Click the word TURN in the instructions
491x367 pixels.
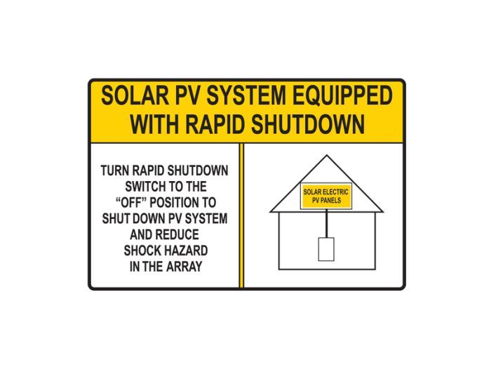click(x=115, y=171)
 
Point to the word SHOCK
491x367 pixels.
click(x=142, y=250)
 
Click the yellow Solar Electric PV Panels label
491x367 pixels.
click(x=326, y=196)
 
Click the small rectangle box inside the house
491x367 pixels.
click(x=326, y=249)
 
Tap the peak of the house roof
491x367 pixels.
click(x=326, y=156)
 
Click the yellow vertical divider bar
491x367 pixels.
click(x=242, y=215)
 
